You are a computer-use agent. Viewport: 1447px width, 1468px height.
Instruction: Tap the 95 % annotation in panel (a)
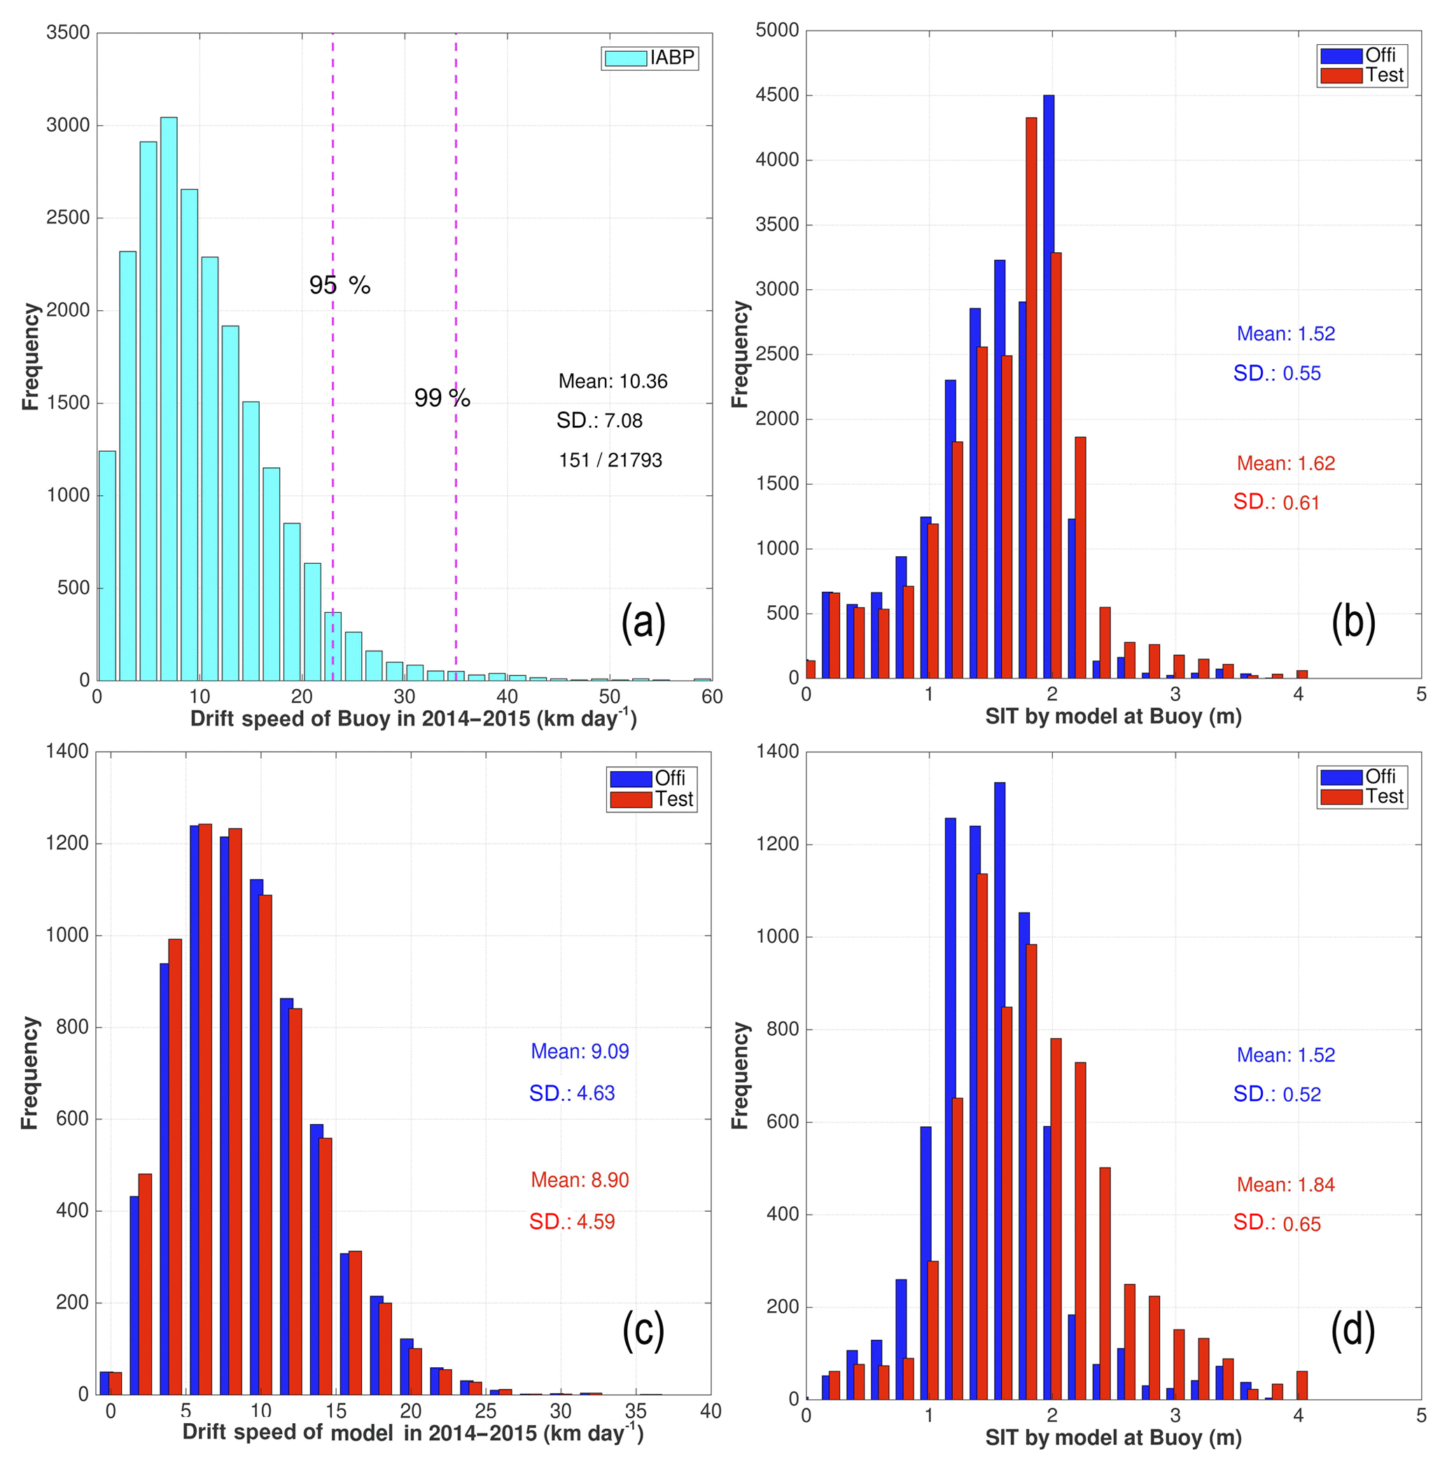(x=340, y=285)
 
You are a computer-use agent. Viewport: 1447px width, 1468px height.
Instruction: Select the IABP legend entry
(x=650, y=57)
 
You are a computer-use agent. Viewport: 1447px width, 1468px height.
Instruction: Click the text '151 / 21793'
(x=610, y=459)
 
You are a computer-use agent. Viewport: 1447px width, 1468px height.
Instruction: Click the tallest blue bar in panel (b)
(x=1048, y=387)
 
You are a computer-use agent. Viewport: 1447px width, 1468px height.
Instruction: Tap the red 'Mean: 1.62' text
(x=1285, y=463)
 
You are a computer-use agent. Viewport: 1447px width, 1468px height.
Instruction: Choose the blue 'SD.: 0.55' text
(x=1276, y=373)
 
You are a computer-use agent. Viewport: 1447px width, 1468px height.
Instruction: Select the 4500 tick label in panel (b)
(x=777, y=95)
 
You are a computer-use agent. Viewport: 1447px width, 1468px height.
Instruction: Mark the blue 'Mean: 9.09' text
(x=580, y=1051)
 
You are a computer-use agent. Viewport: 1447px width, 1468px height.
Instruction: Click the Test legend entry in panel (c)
(x=652, y=799)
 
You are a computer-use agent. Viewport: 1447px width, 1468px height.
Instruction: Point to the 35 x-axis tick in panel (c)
(x=636, y=1411)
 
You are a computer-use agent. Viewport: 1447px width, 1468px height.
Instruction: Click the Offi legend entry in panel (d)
(x=1362, y=777)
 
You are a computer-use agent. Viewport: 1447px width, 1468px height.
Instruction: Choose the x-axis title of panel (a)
(x=412, y=719)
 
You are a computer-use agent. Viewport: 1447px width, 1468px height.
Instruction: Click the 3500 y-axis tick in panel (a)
(x=68, y=33)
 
